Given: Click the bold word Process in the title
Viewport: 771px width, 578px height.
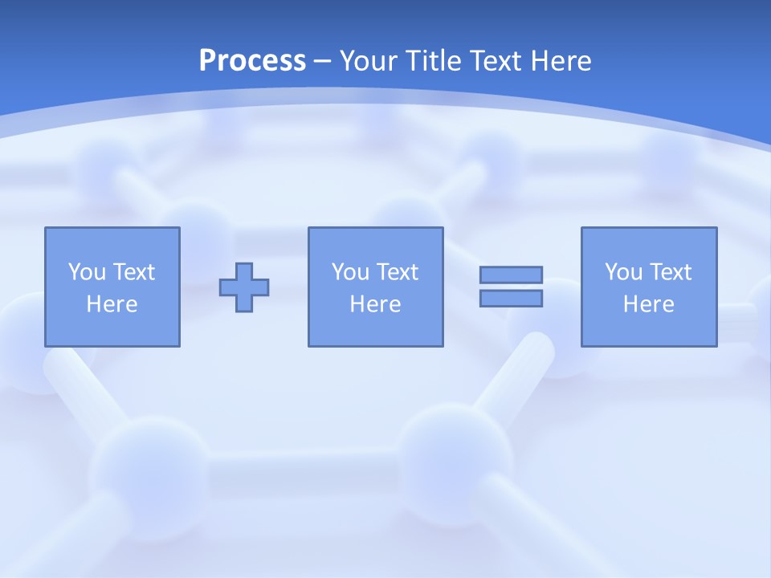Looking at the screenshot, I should coord(252,61).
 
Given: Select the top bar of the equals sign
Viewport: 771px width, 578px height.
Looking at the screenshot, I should coord(511,275).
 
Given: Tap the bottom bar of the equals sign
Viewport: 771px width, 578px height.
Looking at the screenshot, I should coord(511,298).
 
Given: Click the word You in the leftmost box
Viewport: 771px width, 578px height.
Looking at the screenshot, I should coord(86,272).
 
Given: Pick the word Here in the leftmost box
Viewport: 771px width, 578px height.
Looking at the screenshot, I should coord(112,304).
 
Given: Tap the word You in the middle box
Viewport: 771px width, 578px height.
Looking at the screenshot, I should coord(350,272).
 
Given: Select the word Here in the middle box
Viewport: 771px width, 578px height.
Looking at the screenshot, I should coord(375,304).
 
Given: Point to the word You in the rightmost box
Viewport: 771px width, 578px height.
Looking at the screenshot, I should coord(623,272).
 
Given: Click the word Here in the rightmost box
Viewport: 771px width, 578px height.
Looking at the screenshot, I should coord(648,304).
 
